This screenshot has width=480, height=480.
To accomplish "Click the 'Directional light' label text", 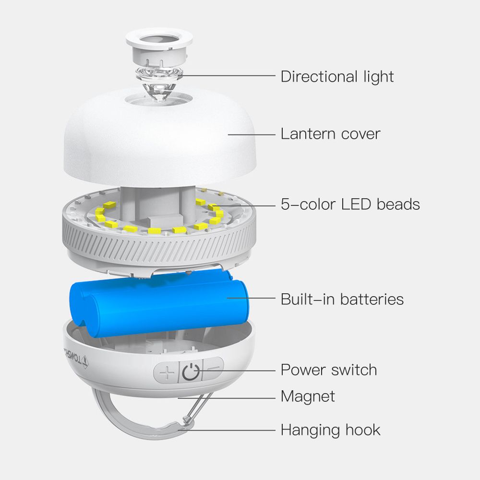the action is (x=337, y=76).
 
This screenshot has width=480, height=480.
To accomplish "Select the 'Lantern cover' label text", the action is (x=330, y=134).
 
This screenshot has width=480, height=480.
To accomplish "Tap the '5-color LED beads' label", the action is (x=350, y=204).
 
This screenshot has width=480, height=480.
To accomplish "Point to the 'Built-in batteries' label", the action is (x=342, y=299).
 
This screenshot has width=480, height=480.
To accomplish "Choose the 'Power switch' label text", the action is (x=328, y=370).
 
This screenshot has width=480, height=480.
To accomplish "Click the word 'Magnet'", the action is (x=308, y=396).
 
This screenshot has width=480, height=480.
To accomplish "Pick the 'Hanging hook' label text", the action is (x=330, y=430).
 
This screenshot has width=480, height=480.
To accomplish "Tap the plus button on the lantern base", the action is (x=167, y=372).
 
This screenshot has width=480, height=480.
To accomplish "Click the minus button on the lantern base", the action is (x=214, y=368).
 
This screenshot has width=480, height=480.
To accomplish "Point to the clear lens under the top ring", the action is (x=159, y=83).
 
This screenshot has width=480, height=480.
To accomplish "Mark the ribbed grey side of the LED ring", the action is (x=159, y=248).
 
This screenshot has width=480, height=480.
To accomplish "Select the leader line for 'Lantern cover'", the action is (x=252, y=134).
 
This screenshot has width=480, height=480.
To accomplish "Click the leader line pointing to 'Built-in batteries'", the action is (x=251, y=298).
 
